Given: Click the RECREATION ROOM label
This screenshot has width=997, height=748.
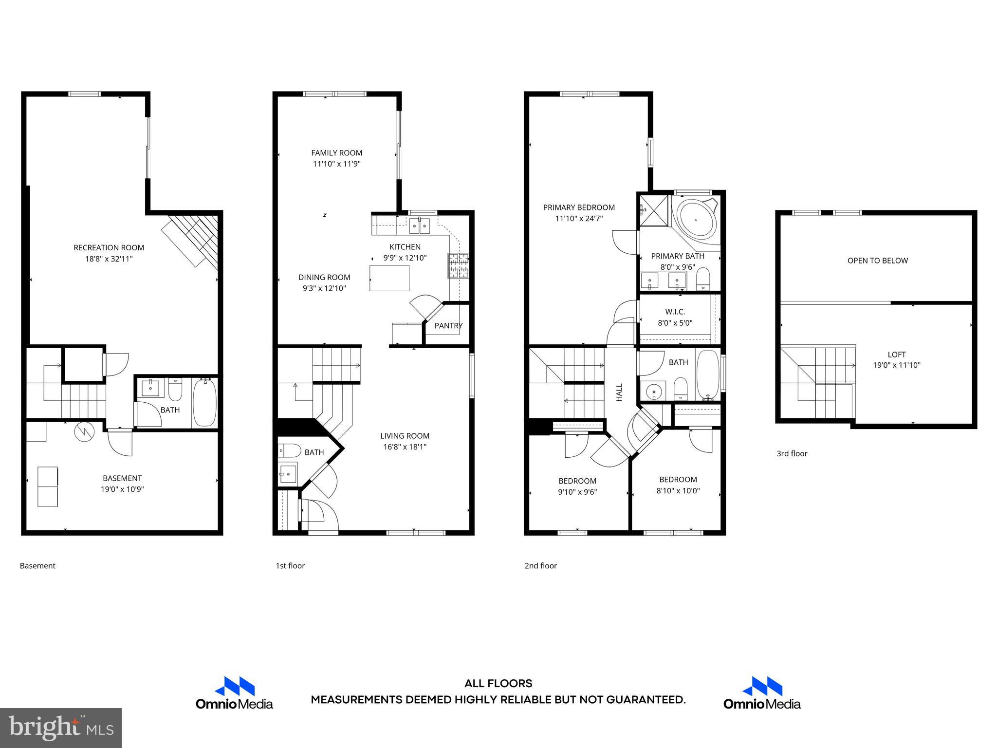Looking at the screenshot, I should point(109,248).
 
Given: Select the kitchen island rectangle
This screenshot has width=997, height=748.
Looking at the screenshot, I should point(389,278).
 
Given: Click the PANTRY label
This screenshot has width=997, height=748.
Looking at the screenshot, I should point(448,326).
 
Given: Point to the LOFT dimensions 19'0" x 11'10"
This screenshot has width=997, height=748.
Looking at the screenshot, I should point(896,365).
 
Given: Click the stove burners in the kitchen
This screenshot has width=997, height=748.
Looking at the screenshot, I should point(458,266).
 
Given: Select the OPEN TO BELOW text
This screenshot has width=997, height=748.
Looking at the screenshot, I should point(877,261).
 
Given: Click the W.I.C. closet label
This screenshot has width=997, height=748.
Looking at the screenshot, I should point(675,312).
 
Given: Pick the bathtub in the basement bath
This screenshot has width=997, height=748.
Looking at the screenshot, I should point(204,402).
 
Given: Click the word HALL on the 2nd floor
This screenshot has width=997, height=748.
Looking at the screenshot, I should point(619,392).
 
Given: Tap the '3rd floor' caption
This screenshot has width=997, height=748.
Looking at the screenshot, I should point(792,454).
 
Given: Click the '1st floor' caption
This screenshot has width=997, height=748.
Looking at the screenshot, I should point(290,566).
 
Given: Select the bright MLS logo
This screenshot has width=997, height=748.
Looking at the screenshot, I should point(61,728).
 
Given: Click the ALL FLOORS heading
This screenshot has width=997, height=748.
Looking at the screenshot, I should point(498,683).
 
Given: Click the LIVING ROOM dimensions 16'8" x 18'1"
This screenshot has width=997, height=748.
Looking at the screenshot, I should point(405,447).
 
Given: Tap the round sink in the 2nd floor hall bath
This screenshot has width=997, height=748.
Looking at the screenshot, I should point(655,391).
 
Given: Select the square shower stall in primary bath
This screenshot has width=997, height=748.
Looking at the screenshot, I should point(654,210).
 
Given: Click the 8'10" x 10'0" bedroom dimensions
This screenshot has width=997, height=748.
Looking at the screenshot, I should point(678,491).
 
